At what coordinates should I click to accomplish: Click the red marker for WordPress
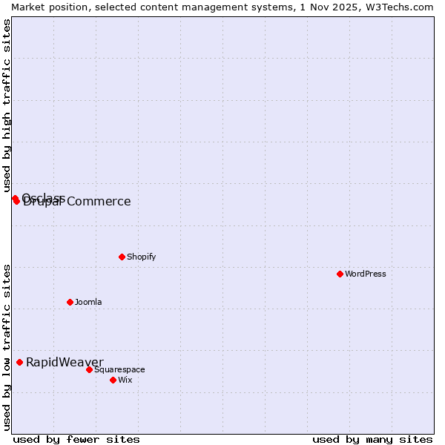340,274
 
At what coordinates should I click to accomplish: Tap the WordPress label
366,274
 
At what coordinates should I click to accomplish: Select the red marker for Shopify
122,257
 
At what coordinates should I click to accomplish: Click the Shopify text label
141,257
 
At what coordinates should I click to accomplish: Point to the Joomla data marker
70,302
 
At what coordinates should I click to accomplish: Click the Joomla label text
88,302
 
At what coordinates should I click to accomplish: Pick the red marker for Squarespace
89,369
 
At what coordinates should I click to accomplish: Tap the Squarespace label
119,369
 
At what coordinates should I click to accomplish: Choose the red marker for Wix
113,380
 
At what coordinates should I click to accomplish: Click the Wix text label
125,380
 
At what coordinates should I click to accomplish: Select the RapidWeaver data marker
20,362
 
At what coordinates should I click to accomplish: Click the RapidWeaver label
65,362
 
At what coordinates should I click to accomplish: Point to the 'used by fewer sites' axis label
76,439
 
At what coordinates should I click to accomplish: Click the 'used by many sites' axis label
372,439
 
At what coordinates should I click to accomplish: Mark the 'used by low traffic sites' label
7,347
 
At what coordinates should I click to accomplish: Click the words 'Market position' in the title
44,7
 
